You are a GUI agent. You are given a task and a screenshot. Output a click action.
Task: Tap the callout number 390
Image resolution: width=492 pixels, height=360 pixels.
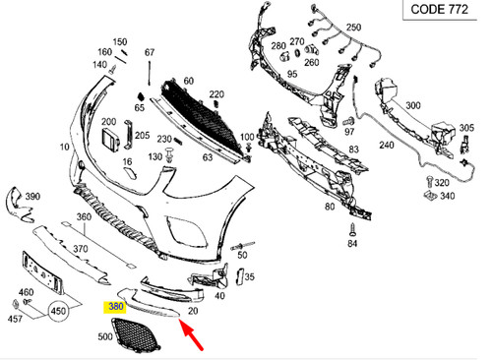32,197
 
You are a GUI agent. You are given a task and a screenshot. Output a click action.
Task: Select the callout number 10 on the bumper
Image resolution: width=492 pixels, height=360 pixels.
65,147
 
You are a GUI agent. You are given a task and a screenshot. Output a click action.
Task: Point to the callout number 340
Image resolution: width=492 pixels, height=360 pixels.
447,197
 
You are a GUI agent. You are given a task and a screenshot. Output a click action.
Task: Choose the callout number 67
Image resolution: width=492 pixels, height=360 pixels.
151,52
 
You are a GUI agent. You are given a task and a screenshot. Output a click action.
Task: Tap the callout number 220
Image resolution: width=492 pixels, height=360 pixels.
216,94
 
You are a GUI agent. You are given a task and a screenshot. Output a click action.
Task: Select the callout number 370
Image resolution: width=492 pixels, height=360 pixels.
82,251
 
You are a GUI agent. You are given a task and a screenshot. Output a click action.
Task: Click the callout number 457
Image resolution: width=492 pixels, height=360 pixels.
16,320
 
